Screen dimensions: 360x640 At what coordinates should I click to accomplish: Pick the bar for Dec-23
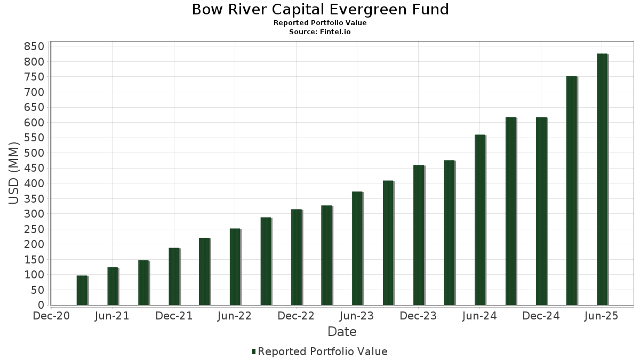tap(418, 235)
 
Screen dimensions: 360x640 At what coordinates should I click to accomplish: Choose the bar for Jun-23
tap(357, 249)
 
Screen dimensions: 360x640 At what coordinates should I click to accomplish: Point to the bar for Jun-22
tap(235, 267)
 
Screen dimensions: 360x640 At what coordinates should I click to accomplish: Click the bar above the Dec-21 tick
tap(174, 276)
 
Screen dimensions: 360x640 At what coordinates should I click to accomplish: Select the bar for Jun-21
tap(113, 286)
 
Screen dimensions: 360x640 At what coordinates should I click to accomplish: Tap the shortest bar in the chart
tap(82, 290)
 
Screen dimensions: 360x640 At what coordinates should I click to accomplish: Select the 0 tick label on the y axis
tap(41, 305)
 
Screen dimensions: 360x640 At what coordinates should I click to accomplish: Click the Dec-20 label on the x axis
tap(52, 316)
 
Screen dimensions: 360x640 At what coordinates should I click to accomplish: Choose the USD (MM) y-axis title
tap(14, 173)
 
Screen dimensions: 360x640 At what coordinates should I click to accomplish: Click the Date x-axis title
tap(342, 332)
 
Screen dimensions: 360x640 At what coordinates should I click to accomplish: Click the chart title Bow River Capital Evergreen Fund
tap(320, 10)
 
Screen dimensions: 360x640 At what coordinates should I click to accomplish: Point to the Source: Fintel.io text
tap(320, 32)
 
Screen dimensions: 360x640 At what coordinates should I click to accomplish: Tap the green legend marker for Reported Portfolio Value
tap(254, 351)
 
